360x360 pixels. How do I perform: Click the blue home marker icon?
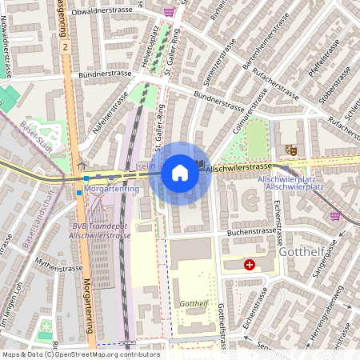pos(180,173)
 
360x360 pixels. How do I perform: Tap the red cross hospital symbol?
pos(250,264)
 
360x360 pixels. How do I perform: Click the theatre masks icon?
pos(291,150)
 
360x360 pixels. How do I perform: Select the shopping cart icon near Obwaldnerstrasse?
pos(170,12)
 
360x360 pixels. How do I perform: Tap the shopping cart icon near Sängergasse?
pos(335,216)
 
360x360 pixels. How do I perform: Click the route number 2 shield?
pos(64,46)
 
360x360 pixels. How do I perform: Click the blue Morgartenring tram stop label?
pos(112,190)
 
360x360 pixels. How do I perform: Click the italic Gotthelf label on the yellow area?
pos(194,304)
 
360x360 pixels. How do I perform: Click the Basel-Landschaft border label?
pos(39,226)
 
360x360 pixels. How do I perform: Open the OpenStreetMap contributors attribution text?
pos(81,354)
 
